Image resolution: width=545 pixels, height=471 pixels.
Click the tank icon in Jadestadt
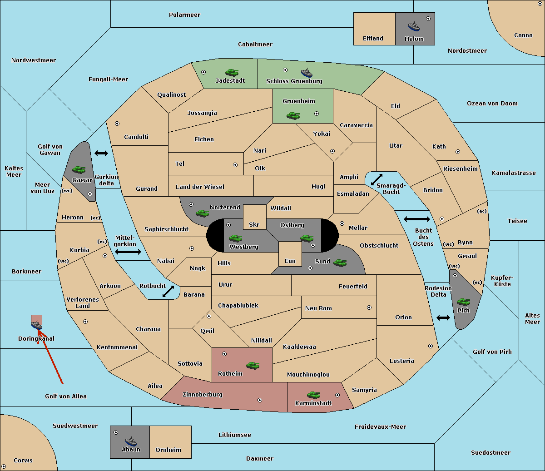232,72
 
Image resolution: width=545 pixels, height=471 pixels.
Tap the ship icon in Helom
414,26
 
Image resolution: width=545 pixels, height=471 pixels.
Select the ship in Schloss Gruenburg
307,72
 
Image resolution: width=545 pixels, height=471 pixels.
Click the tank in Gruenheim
293,115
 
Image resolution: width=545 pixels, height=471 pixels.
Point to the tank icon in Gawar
79,169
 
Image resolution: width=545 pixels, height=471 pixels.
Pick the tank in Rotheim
253,365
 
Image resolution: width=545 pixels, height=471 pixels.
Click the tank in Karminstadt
314,395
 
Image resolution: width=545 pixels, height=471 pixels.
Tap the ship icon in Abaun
131,441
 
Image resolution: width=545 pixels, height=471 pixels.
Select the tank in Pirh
463,302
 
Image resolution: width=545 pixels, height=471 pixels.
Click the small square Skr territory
254,217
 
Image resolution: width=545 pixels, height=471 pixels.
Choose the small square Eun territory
290,254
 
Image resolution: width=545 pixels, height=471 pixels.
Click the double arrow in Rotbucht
168,291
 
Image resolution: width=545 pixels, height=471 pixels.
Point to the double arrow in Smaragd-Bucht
377,179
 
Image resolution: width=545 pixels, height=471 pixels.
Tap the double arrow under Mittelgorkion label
128,252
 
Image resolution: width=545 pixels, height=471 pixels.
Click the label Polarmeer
184,15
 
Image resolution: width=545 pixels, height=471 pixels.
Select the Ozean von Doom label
492,104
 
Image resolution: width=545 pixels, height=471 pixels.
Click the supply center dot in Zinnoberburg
260,400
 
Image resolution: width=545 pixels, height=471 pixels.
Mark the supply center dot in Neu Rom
369,307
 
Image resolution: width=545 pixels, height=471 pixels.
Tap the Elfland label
373,39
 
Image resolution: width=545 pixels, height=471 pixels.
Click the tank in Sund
340,263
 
